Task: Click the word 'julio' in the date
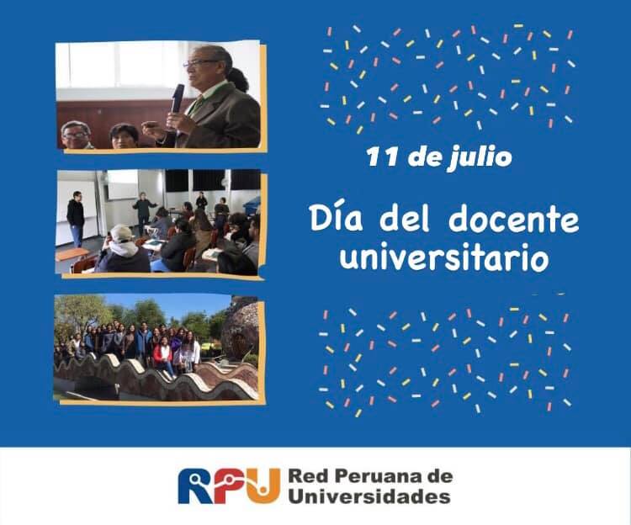tap(481, 156)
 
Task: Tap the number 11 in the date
tap(382, 156)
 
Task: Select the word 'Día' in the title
tap(336, 219)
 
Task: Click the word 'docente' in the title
tap(513, 220)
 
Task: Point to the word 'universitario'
tap(444, 258)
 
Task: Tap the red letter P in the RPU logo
tap(230, 486)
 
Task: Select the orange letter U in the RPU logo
tap(263, 486)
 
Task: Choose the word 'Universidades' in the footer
tap(369, 496)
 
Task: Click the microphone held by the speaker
tap(177, 99)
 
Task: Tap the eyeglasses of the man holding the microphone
tap(200, 63)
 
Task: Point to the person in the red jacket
tap(163, 358)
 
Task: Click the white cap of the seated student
tap(121, 233)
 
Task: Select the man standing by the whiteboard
tap(76, 219)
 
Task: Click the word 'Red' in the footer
tap(306, 477)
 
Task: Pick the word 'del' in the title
tap(406, 219)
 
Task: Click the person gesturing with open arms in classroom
tap(143, 212)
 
